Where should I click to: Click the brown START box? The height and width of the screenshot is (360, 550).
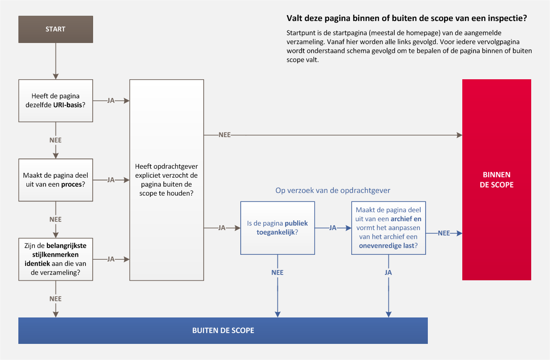click(x=56, y=29)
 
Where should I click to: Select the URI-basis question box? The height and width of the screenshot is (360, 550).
click(x=56, y=100)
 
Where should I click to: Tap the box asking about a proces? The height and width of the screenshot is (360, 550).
click(x=56, y=180)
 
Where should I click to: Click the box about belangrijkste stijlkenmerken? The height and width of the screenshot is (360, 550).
click(x=56, y=259)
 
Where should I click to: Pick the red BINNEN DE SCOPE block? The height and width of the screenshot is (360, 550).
click(x=496, y=180)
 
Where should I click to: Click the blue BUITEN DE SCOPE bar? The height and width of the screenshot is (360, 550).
click(x=223, y=330)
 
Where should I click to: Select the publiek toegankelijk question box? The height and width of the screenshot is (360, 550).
click(x=277, y=228)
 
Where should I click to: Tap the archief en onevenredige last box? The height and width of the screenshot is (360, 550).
click(x=388, y=228)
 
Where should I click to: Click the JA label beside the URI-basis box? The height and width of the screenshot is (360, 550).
click(x=111, y=100)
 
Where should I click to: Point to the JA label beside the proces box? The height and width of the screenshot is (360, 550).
click(x=111, y=180)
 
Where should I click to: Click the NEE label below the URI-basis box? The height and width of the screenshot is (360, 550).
click(x=55, y=140)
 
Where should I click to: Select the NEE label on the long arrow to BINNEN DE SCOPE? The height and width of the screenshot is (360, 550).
click(x=224, y=135)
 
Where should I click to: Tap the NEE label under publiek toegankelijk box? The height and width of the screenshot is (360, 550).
click(x=277, y=273)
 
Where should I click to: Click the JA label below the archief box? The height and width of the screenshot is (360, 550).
click(x=388, y=273)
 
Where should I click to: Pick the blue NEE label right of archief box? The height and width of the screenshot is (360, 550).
click(x=444, y=233)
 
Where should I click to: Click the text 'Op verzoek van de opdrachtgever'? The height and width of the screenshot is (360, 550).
click(x=333, y=190)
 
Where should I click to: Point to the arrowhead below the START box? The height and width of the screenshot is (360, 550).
click(x=56, y=76)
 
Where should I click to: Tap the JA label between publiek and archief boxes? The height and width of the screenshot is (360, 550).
click(x=333, y=228)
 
